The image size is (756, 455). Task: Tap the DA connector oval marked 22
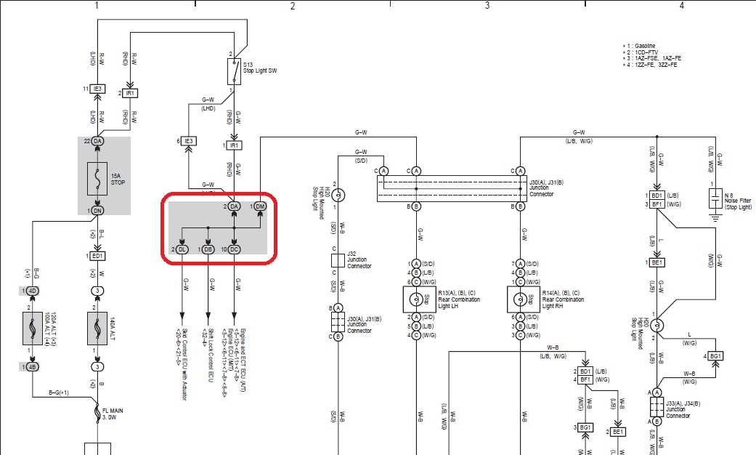pos(97,140)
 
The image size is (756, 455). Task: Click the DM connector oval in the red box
pos(259,206)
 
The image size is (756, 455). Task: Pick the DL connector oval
pos(182,249)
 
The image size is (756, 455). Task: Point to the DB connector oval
pos(208,249)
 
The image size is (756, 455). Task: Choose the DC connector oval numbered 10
pos(234,249)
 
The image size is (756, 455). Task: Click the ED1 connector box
pos(97,256)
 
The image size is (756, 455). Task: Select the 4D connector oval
pos(32,291)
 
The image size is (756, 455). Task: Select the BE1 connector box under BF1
pos(657,262)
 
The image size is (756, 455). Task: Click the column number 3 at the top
pos(487,6)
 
